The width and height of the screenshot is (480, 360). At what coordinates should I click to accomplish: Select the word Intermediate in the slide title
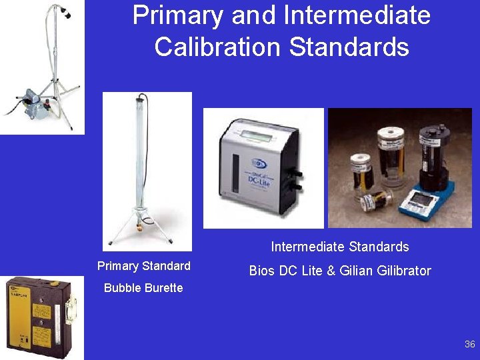357,15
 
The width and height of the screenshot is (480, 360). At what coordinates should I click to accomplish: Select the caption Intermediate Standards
339,247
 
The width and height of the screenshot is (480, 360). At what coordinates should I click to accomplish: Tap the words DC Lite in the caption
299,271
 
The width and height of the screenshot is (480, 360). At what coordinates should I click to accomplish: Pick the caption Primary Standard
143,266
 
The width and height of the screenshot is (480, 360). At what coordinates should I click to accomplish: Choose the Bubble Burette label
143,288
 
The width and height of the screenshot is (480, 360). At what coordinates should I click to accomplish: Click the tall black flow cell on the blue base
431,153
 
